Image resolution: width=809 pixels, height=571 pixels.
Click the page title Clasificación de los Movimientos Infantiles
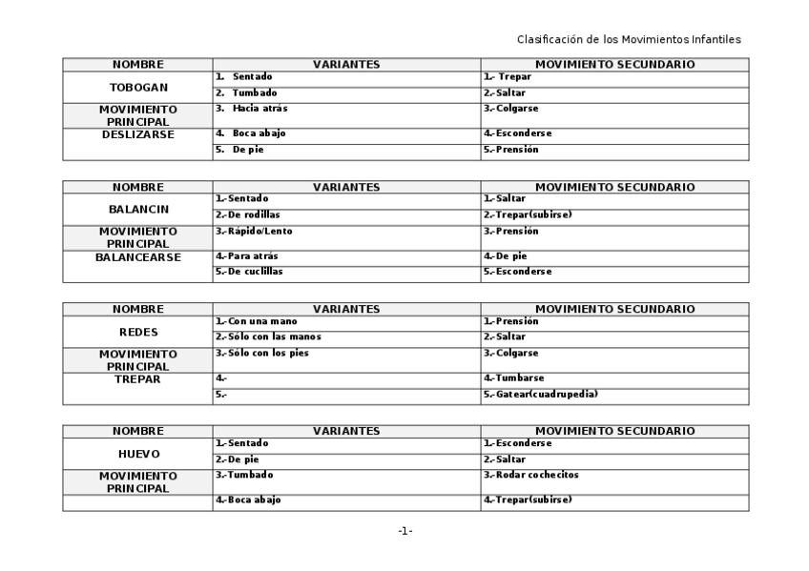pyautogui.click(x=629, y=39)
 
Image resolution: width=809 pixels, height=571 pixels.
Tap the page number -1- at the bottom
pyautogui.click(x=404, y=531)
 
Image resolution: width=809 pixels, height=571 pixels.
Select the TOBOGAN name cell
pyautogui.click(x=138, y=87)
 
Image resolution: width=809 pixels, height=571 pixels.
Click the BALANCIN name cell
pyautogui.click(x=138, y=209)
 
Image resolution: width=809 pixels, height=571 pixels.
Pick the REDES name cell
pyautogui.click(x=138, y=332)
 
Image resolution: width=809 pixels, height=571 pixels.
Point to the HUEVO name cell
pyautogui.click(x=138, y=454)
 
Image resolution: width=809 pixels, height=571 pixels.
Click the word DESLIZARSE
pyautogui.click(x=138, y=134)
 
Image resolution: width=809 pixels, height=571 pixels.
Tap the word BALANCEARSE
pyautogui.click(x=138, y=256)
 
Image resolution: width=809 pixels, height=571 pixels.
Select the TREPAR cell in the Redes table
pyautogui.click(x=138, y=378)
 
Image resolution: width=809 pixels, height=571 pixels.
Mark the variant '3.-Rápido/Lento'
pyautogui.click(x=254, y=231)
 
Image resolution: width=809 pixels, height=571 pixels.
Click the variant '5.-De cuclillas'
pyautogui.click(x=249, y=272)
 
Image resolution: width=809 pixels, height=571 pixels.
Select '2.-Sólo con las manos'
pyautogui.click(x=268, y=336)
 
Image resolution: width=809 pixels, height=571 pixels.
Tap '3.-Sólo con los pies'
pyautogui.click(x=262, y=353)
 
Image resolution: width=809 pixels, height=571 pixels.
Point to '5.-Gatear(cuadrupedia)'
pyautogui.click(x=541, y=394)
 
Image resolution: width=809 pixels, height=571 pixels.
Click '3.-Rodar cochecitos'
pyautogui.click(x=530, y=475)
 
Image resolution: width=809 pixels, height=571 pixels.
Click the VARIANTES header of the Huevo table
pyautogui.click(x=346, y=431)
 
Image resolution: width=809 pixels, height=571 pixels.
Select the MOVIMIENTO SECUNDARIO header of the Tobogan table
pyautogui.click(x=614, y=65)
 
